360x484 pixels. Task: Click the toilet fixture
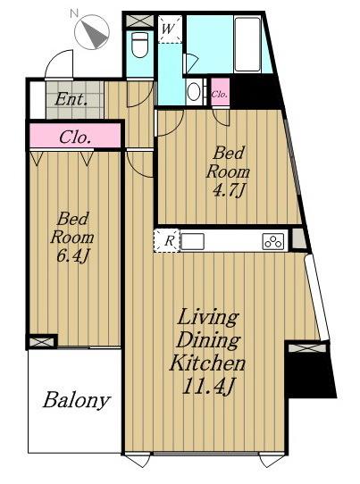[140, 45]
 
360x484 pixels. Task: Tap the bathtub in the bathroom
[248, 44]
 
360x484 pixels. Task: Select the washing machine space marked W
[170, 29]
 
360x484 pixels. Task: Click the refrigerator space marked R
[167, 240]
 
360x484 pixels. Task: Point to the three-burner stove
[273, 241]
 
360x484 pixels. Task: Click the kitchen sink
[192, 241]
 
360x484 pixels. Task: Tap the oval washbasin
[194, 91]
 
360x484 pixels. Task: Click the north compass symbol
[92, 32]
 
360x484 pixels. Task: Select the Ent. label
[71, 99]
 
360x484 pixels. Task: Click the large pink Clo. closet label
[75, 138]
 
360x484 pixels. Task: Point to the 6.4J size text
[73, 256]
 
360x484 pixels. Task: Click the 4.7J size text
[229, 190]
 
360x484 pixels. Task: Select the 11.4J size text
[209, 386]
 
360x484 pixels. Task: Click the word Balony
[77, 400]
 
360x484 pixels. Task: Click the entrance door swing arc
[54, 59]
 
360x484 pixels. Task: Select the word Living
[208, 318]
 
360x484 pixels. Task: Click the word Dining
[209, 340]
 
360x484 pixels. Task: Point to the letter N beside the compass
[74, 13]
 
